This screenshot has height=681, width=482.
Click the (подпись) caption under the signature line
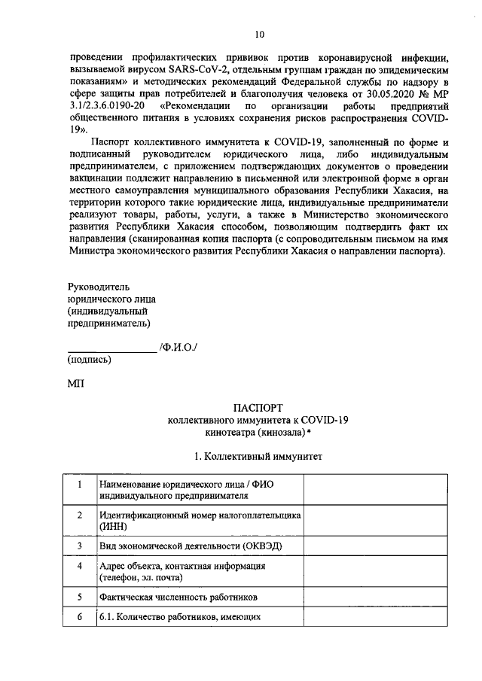(90, 360)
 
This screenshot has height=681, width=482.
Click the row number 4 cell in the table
(79, 565)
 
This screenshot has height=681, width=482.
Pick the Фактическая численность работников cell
(178, 597)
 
